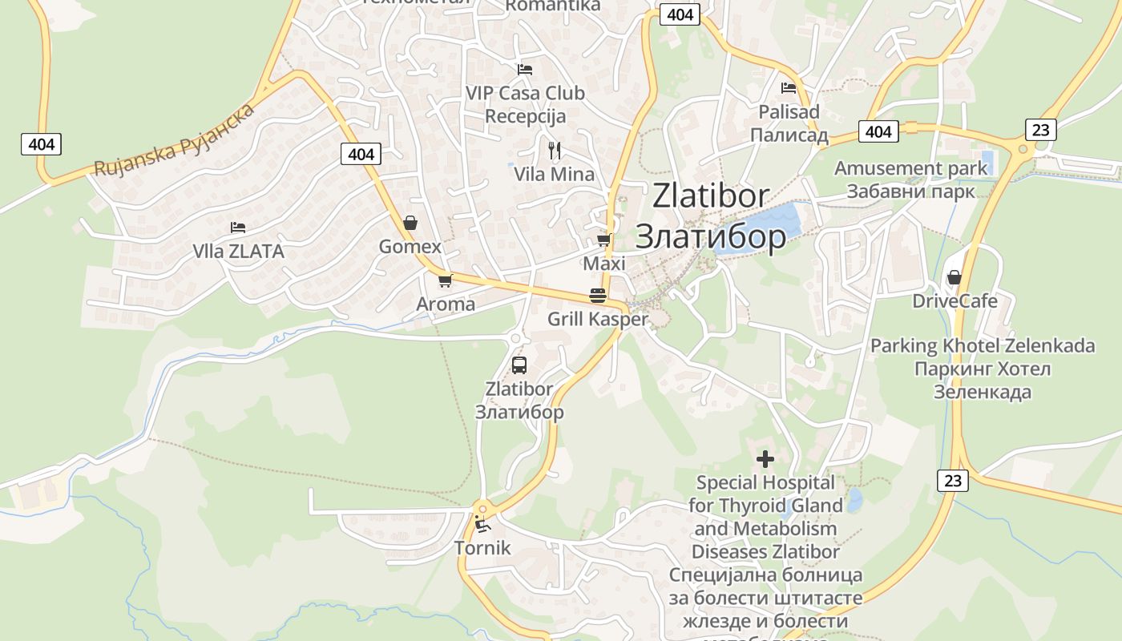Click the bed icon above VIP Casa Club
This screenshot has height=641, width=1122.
pyautogui.click(x=525, y=70)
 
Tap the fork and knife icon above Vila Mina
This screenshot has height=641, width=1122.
pyautogui.click(x=554, y=149)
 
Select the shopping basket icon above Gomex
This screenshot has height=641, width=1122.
pyautogui.click(x=410, y=223)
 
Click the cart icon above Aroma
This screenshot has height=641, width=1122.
pyautogui.click(x=446, y=280)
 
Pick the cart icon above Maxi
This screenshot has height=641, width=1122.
pyautogui.click(x=604, y=240)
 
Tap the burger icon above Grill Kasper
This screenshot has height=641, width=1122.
pyautogui.click(x=597, y=295)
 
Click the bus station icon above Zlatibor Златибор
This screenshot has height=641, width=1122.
pyautogui.click(x=519, y=365)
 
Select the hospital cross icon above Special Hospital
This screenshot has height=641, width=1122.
pyautogui.click(x=765, y=459)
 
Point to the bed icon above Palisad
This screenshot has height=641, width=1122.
pyautogui.click(x=789, y=88)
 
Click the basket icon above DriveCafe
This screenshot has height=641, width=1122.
pyautogui.click(x=954, y=277)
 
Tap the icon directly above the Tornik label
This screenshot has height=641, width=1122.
pyautogui.click(x=482, y=525)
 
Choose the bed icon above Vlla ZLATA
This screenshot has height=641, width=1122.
pyautogui.click(x=238, y=228)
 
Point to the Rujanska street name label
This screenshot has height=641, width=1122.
pyautogui.click(x=175, y=139)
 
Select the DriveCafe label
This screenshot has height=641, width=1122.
pyautogui.click(x=955, y=301)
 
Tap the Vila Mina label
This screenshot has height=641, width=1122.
pyautogui.click(x=554, y=174)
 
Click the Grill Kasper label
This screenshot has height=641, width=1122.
pyautogui.click(x=597, y=319)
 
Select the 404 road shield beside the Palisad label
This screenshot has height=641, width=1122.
pyautogui.click(x=878, y=131)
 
